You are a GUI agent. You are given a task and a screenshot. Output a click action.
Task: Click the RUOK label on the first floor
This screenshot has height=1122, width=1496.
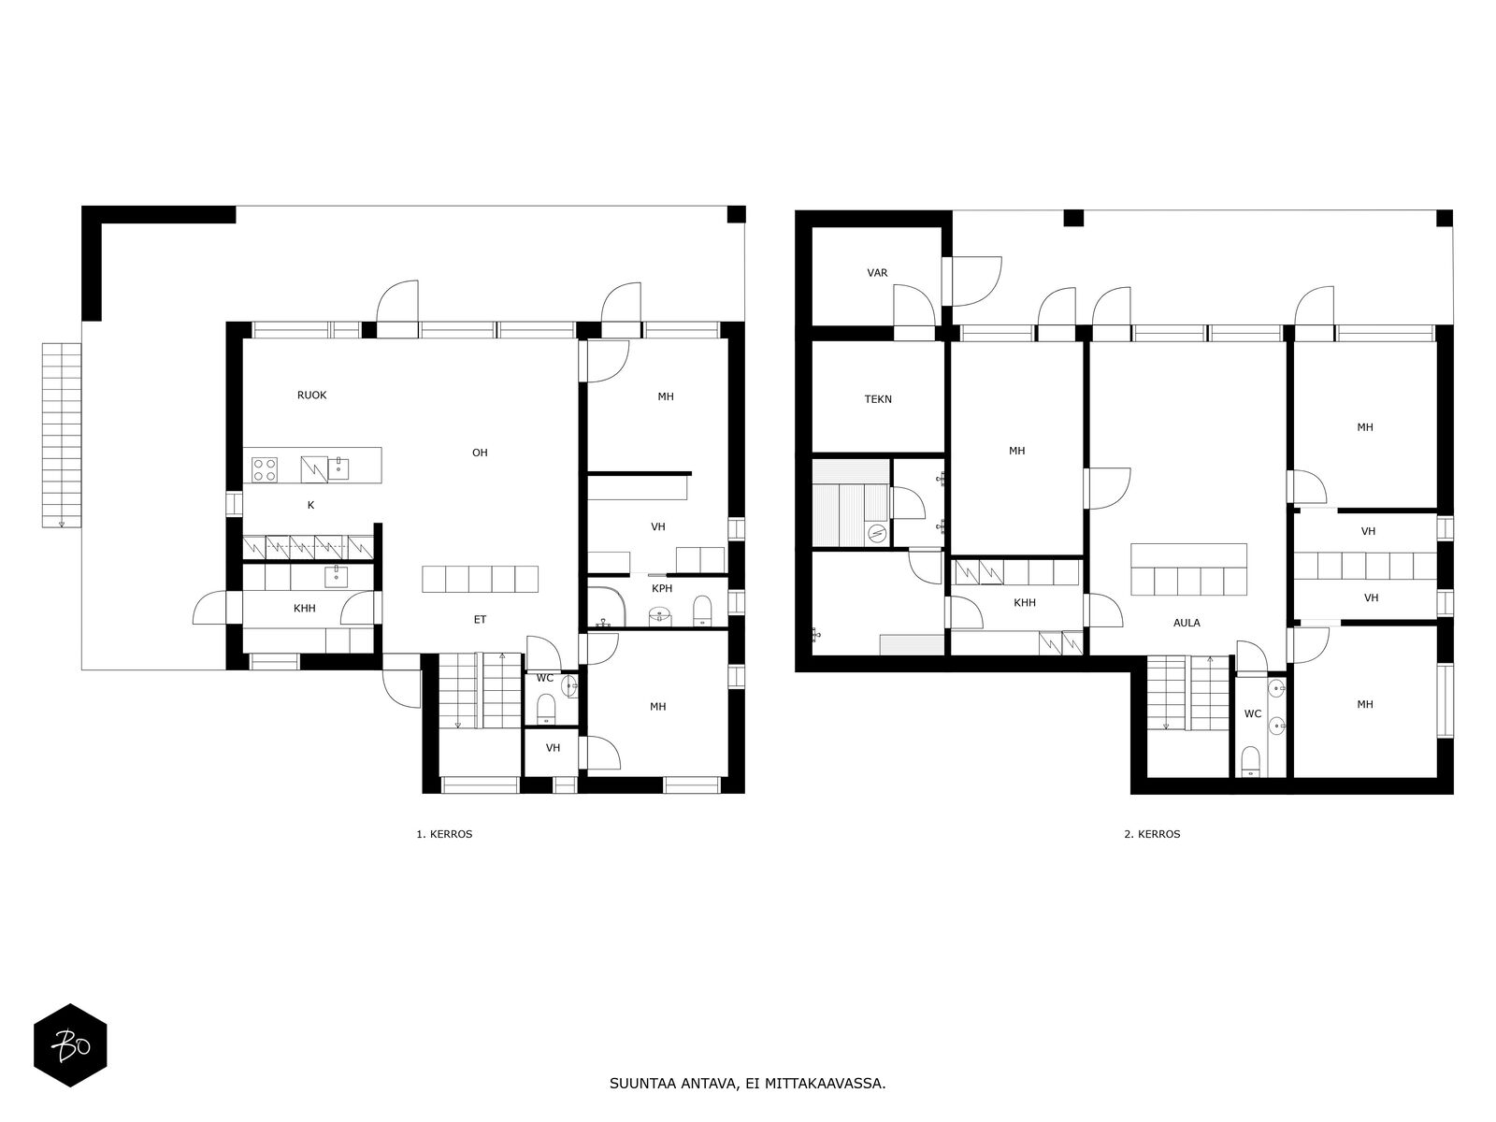tap(311, 396)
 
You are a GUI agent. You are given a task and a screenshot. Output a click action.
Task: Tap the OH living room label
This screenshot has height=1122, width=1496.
tap(480, 453)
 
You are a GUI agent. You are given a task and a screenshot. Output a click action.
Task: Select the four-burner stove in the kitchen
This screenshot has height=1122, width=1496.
tap(265, 468)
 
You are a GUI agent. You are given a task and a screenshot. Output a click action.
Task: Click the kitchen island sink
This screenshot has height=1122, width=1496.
tap(338, 467)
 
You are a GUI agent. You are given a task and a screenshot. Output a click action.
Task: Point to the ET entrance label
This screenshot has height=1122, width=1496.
tap(480, 619)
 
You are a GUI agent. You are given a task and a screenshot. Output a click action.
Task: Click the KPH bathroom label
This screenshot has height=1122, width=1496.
tap(662, 588)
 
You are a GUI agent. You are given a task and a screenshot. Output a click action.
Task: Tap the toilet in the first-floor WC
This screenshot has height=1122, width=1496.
tap(546, 709)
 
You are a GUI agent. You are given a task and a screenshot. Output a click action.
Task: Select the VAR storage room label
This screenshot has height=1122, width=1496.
tap(877, 272)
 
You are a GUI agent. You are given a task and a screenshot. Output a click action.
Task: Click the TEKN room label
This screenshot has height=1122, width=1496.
tap(878, 399)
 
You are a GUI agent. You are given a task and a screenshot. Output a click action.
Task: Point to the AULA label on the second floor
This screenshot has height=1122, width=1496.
tap(1187, 623)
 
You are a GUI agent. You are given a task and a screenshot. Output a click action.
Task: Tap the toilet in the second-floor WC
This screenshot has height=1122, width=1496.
tap(1251, 760)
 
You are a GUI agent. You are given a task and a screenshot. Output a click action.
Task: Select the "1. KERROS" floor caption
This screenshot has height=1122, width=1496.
tap(444, 834)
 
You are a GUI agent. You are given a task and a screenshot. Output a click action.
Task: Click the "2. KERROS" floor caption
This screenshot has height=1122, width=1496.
tap(1152, 834)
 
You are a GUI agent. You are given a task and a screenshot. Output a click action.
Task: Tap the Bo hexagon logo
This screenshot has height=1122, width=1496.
tap(70, 1045)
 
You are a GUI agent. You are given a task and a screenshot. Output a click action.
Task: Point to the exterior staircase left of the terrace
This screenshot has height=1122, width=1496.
tap(62, 435)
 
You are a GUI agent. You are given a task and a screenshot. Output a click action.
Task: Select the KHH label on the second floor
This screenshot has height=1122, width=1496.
tap(1025, 602)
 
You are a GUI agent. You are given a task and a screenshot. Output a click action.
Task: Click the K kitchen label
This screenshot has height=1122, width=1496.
tap(310, 505)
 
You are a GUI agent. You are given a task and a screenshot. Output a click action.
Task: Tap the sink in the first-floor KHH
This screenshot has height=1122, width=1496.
tap(336, 577)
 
